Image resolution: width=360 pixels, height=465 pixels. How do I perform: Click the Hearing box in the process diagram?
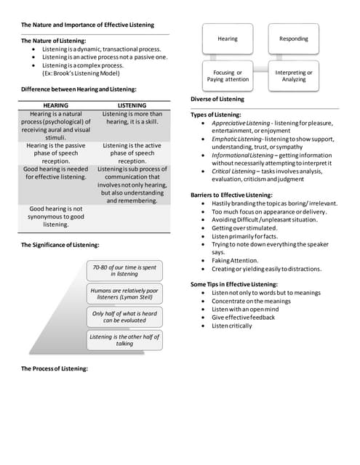tap(227, 39)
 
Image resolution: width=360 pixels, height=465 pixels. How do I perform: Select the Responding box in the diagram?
tap(293, 39)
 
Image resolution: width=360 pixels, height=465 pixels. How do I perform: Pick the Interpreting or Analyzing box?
tap(293, 76)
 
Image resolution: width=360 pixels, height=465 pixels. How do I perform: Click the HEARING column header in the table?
tap(56, 105)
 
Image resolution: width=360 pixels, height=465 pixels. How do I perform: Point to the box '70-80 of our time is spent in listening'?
tap(124, 271)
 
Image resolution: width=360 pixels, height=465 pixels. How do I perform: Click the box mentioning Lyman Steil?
tap(124, 294)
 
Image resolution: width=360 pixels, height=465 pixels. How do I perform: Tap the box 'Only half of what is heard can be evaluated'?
tap(124, 317)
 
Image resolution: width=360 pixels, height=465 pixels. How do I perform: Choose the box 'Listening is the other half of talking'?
tap(124, 339)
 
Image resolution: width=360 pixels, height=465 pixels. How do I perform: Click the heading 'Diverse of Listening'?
tap(217, 99)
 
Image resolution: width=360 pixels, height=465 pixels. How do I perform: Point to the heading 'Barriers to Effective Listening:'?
tap(231, 195)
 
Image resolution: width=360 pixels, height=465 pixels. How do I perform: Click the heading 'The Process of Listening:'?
tap(55, 368)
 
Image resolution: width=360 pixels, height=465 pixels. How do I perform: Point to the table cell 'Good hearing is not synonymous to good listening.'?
tap(56, 217)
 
